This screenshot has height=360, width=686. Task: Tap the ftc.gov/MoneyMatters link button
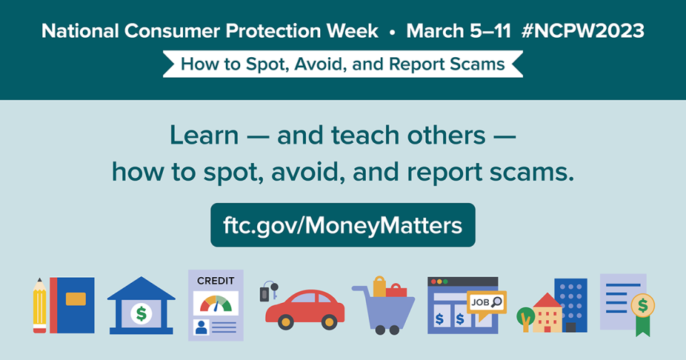343,225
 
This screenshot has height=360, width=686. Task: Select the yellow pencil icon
39,307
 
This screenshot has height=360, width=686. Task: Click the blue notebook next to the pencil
73,305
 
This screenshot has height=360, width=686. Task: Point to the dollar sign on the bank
141,312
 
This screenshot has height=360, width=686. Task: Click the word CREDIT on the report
215,281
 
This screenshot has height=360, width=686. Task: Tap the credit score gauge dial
216,304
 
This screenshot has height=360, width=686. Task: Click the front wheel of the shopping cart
394,329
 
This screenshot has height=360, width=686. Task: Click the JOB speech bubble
486,302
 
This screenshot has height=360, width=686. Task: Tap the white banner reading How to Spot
343,64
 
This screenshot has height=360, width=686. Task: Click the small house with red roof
547,314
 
